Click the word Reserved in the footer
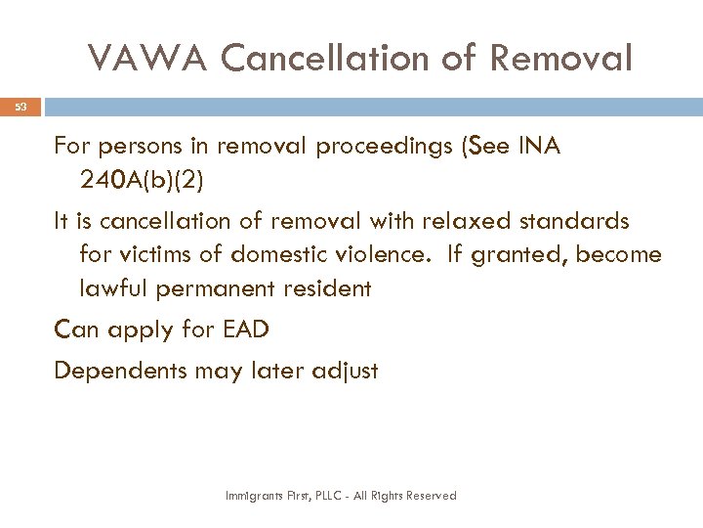click(x=433, y=496)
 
